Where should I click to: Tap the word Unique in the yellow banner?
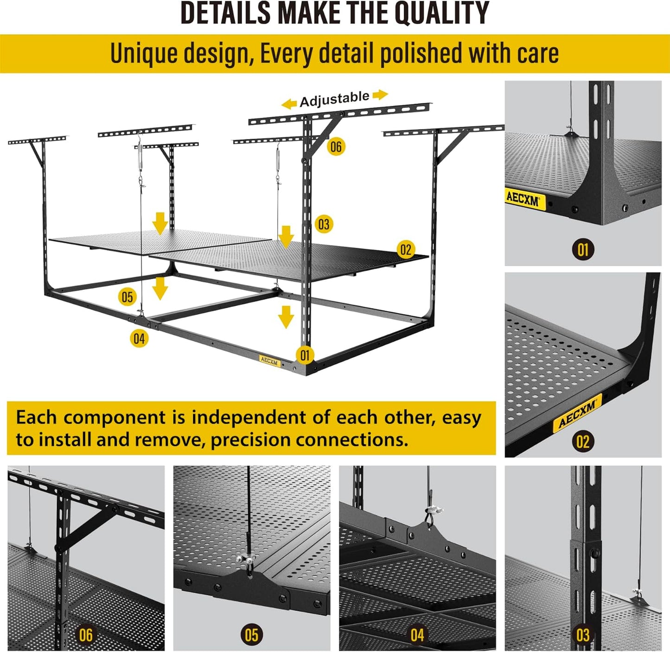click(x=144, y=53)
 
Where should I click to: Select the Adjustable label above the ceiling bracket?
click(x=334, y=99)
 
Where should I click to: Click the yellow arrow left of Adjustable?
click(x=289, y=103)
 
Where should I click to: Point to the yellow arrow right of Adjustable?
click(x=380, y=95)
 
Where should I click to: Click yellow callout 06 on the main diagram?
click(x=336, y=147)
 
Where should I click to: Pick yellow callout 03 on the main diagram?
click(x=324, y=225)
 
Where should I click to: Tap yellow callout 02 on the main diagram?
click(x=406, y=250)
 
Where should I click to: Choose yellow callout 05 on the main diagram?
click(x=127, y=297)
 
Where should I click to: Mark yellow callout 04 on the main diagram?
click(x=139, y=339)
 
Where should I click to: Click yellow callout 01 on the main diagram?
click(x=305, y=355)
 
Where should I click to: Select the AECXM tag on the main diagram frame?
click(x=270, y=361)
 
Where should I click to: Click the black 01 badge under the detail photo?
click(x=583, y=250)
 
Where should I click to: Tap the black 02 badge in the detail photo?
click(x=583, y=441)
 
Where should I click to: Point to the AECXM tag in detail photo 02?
click(x=577, y=413)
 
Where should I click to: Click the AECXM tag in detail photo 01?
click(x=523, y=199)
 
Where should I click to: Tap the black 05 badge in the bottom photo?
click(x=251, y=635)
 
